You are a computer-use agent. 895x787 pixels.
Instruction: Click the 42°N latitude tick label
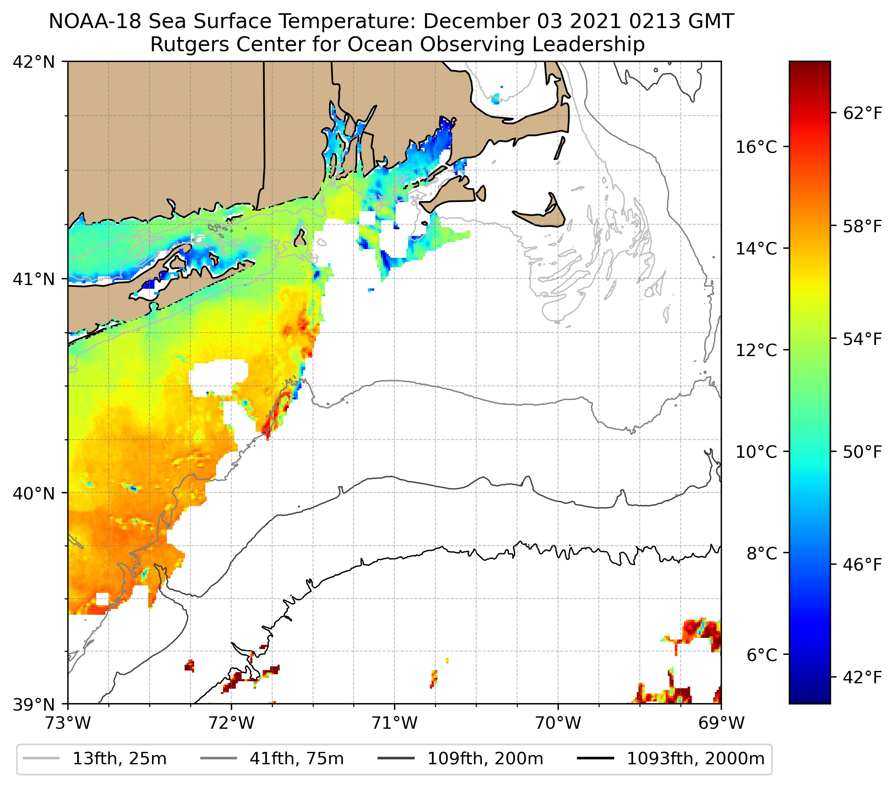click(34, 62)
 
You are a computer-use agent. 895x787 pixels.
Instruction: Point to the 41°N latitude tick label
click(34, 278)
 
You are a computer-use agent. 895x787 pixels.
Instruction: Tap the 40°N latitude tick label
click(34, 494)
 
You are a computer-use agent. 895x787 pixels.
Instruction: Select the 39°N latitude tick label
click(34, 705)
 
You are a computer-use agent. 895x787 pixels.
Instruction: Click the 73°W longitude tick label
click(68, 723)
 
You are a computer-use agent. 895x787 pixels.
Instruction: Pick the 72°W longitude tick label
click(231, 723)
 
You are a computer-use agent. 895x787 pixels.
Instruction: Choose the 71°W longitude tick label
click(394, 723)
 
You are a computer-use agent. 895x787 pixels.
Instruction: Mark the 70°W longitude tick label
click(558, 723)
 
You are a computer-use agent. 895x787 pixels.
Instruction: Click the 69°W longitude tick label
click(721, 723)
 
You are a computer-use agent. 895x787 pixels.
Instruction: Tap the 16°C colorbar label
click(756, 147)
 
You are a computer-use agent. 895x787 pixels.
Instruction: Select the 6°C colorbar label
click(762, 655)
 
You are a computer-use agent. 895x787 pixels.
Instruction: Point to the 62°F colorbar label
click(862, 114)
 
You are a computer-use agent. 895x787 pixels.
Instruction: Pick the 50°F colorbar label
click(862, 452)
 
